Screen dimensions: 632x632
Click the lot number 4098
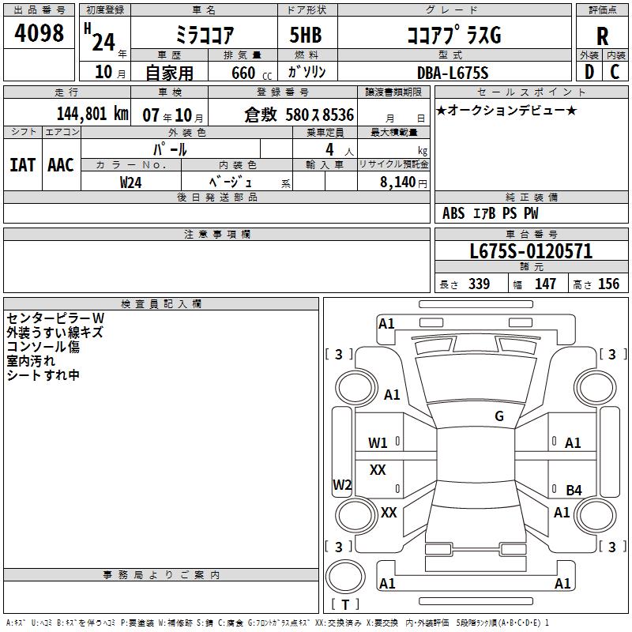39,34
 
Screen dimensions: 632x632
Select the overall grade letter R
603,36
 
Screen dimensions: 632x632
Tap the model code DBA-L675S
453,73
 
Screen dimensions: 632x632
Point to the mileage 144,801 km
92,114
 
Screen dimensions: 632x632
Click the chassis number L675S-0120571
531,251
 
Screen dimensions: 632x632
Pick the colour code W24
131,182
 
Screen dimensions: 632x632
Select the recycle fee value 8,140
397,182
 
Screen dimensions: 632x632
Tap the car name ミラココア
203,36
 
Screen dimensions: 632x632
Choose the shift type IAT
22,165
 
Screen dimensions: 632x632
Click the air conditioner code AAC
60,165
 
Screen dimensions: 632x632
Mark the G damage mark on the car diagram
499,416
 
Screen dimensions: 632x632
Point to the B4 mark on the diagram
574,491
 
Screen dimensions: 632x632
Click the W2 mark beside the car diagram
342,485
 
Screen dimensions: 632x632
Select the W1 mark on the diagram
378,443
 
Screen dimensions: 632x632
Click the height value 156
608,284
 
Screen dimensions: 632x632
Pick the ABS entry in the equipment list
453,213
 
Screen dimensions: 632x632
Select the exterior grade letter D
589,73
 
